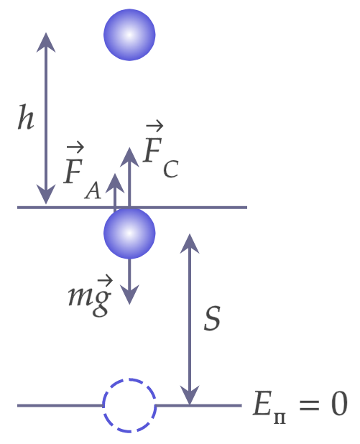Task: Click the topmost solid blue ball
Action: (129, 34)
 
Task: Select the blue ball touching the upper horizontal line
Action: (129, 233)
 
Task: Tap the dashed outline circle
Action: (129, 405)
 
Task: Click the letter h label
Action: (26, 117)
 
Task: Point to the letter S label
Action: (212, 318)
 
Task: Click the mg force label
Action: (90, 296)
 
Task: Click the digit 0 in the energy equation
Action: (339, 403)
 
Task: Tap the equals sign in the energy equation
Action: (309, 404)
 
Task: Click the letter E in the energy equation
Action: (262, 403)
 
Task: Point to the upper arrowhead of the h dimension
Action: (46, 42)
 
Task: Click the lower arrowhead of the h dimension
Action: (46, 194)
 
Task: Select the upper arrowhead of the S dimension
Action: (190, 244)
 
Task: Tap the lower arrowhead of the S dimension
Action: (190, 395)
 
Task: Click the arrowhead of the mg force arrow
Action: (129, 295)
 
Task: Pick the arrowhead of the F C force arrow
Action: (129, 157)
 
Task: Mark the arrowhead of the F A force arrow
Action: (115, 183)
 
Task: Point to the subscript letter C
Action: (171, 170)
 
